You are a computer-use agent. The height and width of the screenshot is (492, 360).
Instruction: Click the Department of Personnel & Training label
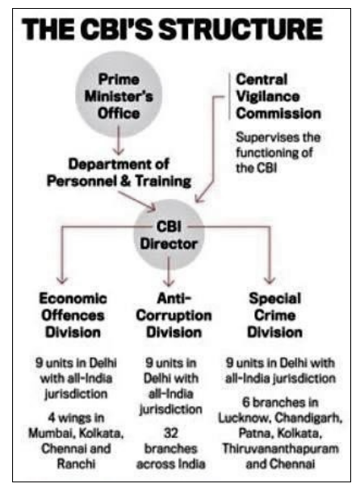(120, 173)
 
